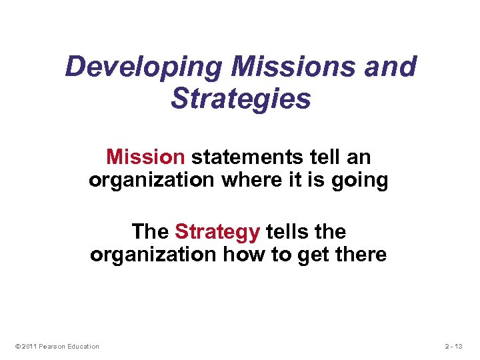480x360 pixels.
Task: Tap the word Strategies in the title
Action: [241, 99]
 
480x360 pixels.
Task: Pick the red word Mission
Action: [145, 157]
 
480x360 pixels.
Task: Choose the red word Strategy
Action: [217, 231]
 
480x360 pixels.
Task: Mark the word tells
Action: [288, 231]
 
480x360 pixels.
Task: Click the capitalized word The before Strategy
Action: [151, 231]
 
